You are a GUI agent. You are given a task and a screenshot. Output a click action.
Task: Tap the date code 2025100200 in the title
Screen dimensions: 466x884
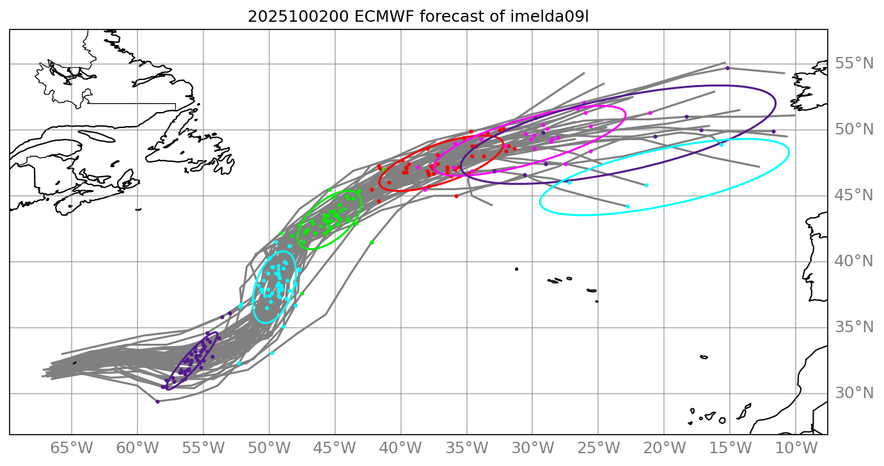298,17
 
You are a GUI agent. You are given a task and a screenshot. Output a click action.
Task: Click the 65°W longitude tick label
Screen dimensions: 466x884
71,447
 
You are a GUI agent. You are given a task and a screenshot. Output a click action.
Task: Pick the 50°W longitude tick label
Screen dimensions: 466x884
269,447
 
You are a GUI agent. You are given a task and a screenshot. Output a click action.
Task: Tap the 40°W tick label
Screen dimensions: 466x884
400,447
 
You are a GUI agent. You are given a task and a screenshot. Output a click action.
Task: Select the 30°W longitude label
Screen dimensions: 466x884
532,447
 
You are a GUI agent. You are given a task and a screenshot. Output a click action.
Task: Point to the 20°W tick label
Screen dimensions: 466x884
664,447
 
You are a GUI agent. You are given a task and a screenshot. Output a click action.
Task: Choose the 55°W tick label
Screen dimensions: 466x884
203,447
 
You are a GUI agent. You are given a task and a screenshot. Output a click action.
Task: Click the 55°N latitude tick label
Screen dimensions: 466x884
854,63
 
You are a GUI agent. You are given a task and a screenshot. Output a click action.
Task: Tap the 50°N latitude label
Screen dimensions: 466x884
854,130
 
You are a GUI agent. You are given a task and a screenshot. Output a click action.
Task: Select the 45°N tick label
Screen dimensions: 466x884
854,195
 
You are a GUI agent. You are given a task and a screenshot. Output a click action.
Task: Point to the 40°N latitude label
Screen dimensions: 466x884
854,261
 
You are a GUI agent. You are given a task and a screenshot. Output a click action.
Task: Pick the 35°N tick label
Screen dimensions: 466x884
854,327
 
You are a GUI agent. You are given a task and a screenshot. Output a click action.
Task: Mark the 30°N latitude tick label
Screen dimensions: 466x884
854,393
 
